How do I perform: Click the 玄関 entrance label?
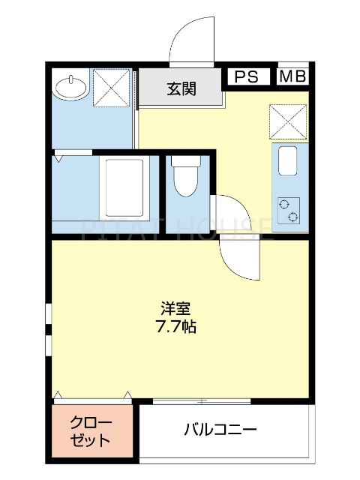tap(181, 88)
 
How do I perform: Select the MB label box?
tap(292, 76)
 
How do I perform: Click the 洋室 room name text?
tap(175, 308)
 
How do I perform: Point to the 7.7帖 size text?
tap(175, 327)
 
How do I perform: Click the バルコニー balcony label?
tap(220, 430)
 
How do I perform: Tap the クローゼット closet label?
tap(91, 430)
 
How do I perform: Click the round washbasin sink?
tap(71, 88)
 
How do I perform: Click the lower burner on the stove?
tap(293, 217)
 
